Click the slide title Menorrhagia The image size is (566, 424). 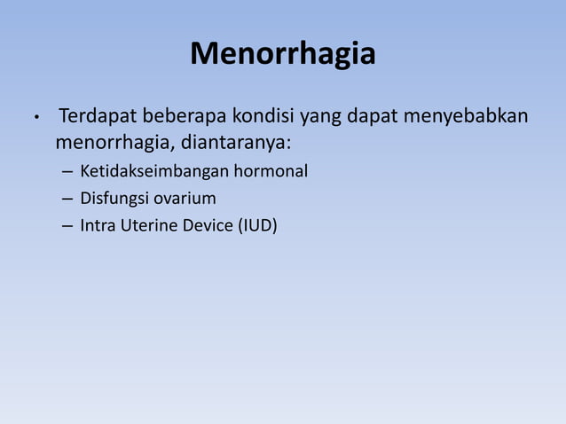[x=283, y=56]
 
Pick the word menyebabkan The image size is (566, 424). [x=468, y=118]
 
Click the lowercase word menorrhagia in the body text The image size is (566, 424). [x=109, y=143]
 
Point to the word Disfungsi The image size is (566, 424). [x=111, y=198]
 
